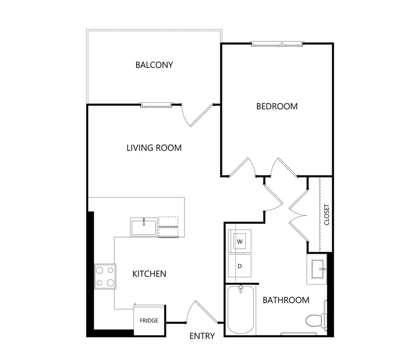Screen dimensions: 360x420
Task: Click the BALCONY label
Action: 154,65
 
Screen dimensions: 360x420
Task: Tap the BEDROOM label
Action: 277,106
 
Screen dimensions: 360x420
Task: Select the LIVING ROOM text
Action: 154,148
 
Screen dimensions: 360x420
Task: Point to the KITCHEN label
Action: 149,274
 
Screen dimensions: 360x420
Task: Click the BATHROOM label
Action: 286,300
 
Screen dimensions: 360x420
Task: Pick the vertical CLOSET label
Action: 327,215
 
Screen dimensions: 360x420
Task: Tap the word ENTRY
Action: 202,336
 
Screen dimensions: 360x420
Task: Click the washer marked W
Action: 239,242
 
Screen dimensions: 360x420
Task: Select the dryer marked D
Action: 239,266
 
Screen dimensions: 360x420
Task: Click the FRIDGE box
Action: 149,320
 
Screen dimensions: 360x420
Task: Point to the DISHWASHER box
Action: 168,226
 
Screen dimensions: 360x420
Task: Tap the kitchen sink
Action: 144,226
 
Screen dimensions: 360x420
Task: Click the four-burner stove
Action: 105,276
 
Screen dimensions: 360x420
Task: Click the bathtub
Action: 241,310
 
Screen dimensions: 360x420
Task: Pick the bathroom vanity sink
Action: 317,269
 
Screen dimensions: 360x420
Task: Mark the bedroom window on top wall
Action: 277,44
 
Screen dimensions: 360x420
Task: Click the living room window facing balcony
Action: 157,105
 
